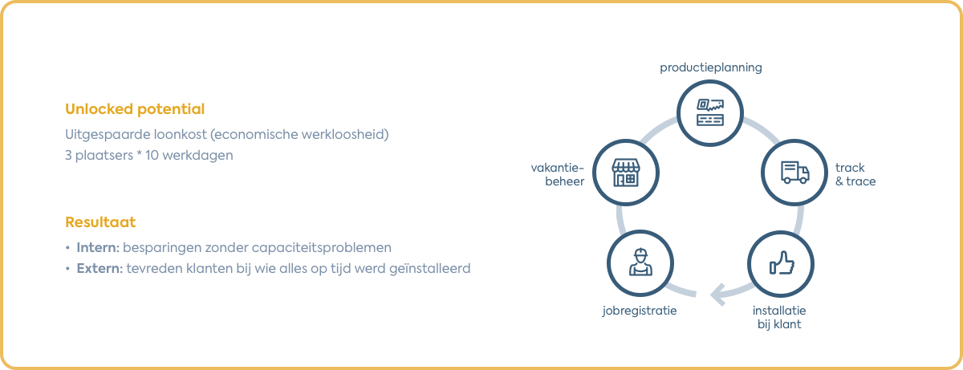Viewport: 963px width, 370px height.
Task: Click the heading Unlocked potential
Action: pyautogui.click(x=134, y=109)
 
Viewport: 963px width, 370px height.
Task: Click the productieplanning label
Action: pyautogui.click(x=710, y=68)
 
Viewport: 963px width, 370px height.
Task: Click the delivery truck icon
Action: pyautogui.click(x=794, y=173)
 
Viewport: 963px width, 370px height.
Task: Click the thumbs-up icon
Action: pyautogui.click(x=780, y=263)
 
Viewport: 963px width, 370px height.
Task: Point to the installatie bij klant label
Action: pyautogui.click(x=779, y=318)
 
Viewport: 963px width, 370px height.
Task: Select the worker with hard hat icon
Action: pyautogui.click(x=640, y=262)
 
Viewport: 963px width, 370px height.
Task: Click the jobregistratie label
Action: pyautogui.click(x=639, y=310)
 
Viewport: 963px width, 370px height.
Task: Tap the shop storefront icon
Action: pyautogui.click(x=626, y=172)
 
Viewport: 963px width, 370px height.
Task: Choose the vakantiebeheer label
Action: pyautogui.click(x=559, y=174)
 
